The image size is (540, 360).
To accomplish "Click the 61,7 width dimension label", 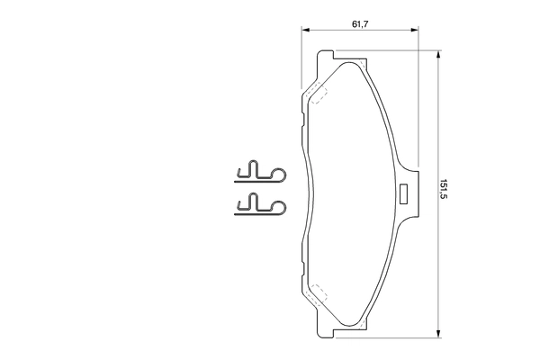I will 359,24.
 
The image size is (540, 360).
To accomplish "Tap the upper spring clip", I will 259,171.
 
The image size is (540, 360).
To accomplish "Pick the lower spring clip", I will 259,206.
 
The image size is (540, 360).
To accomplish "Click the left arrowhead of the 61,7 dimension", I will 304,31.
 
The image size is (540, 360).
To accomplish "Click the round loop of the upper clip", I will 279,173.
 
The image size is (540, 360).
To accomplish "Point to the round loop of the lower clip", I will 279,208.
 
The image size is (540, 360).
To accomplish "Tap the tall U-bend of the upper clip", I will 254,167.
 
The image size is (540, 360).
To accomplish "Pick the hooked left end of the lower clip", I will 238,207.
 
